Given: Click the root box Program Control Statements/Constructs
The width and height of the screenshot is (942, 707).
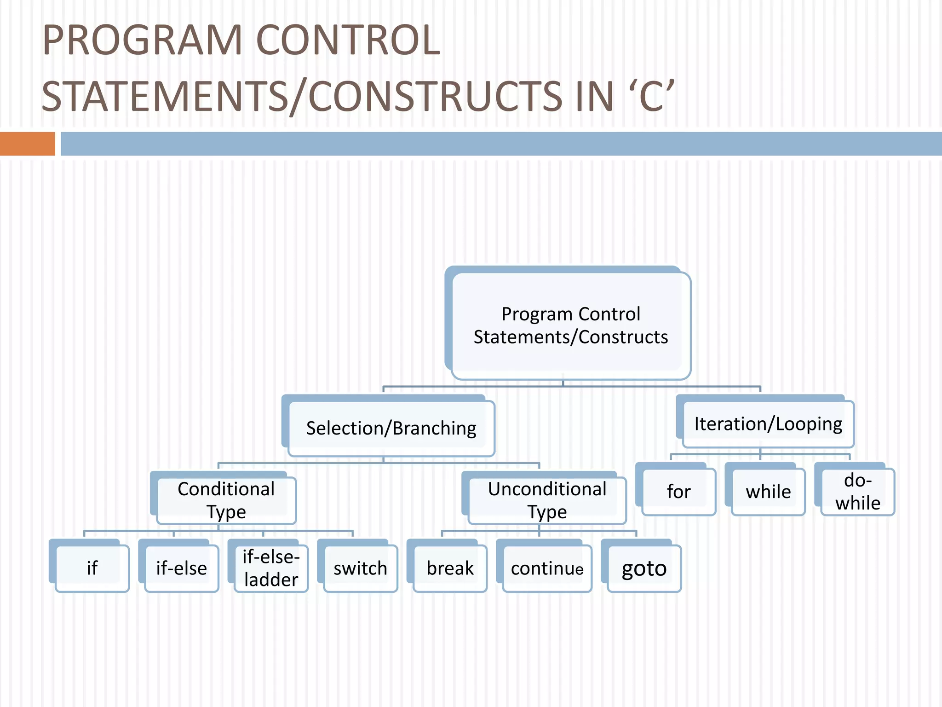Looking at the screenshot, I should point(570,325).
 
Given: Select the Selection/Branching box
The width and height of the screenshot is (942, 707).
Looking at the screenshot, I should point(391,428).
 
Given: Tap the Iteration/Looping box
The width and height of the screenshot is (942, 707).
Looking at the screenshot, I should point(768,424).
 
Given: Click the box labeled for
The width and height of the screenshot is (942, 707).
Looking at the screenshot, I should point(678,492).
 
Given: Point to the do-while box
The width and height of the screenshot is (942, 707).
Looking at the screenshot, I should point(858,492).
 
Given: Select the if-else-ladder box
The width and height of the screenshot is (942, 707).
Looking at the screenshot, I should point(271,568).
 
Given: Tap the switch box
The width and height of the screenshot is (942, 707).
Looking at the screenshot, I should point(360,568).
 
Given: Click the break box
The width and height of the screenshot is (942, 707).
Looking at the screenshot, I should point(450,568).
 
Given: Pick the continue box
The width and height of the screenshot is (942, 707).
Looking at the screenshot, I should point(547,568).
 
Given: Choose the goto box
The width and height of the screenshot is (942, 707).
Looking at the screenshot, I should point(644,568).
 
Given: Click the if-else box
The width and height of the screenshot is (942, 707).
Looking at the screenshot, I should point(181,568).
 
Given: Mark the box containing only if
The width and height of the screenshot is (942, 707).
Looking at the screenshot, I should point(92,568).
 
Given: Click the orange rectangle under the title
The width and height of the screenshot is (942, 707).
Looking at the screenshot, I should point(28,144).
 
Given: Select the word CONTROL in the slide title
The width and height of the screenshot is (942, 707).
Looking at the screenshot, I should point(348,41).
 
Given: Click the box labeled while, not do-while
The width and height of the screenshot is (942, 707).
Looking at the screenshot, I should point(768,492).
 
